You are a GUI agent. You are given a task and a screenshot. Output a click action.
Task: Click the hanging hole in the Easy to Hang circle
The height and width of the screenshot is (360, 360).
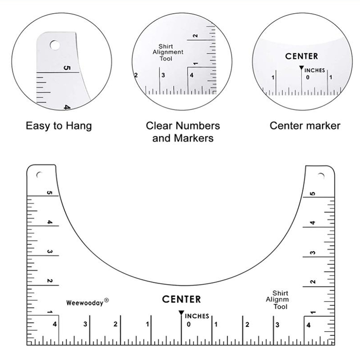(x=54, y=45)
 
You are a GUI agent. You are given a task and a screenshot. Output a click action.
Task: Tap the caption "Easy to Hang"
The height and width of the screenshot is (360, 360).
(x=59, y=126)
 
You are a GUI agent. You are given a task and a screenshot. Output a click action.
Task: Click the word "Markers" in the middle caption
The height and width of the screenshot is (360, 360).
(x=193, y=138)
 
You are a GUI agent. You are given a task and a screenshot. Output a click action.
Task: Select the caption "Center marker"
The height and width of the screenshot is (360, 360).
(x=305, y=126)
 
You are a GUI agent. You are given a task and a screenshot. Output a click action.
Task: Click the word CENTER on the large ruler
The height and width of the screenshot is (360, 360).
(x=181, y=299)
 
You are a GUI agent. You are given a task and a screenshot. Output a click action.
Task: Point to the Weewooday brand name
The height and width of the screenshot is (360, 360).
(x=85, y=303)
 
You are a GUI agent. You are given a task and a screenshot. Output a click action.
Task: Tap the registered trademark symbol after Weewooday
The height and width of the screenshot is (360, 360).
(x=106, y=300)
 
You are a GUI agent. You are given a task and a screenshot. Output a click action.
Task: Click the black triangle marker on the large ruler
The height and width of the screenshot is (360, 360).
(x=181, y=313)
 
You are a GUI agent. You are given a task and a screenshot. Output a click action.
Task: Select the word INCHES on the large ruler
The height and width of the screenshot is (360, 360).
(x=197, y=316)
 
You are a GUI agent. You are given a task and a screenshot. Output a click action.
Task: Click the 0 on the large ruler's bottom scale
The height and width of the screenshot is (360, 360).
(x=189, y=324)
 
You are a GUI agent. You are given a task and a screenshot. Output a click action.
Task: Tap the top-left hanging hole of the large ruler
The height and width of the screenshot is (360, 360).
(x=39, y=175)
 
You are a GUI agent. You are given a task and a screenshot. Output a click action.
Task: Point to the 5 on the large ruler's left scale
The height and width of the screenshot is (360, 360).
(x=49, y=193)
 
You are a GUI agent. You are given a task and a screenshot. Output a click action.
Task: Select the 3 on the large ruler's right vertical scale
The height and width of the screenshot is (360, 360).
(x=313, y=253)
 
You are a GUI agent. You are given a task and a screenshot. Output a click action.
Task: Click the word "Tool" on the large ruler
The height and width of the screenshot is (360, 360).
(x=280, y=306)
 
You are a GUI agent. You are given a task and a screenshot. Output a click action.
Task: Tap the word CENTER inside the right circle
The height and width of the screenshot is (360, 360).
(x=301, y=56)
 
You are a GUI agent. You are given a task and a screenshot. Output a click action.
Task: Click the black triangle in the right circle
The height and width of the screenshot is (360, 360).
(x=301, y=68)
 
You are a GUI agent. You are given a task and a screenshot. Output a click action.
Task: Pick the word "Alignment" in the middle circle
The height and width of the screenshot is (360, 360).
(x=168, y=52)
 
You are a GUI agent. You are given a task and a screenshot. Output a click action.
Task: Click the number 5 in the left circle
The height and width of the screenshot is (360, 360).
(x=67, y=68)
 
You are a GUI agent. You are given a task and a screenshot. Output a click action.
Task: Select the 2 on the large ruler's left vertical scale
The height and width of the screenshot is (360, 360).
(x=49, y=281)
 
